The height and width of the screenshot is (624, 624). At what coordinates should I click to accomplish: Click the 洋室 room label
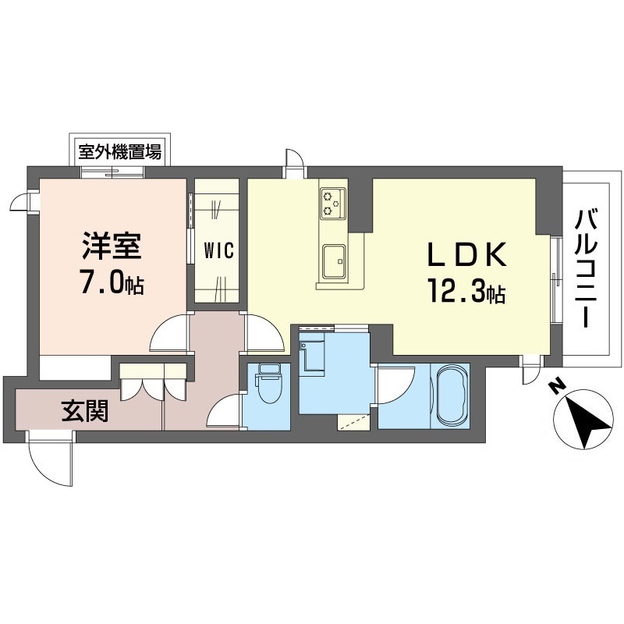coord(112,246)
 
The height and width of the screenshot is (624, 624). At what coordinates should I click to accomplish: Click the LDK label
coord(466,255)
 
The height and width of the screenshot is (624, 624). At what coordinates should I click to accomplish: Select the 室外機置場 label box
coord(119,150)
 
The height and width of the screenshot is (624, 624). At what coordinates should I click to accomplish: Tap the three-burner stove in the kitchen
coord(332,202)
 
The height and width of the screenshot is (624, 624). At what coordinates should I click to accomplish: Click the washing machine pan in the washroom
coord(314,355)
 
